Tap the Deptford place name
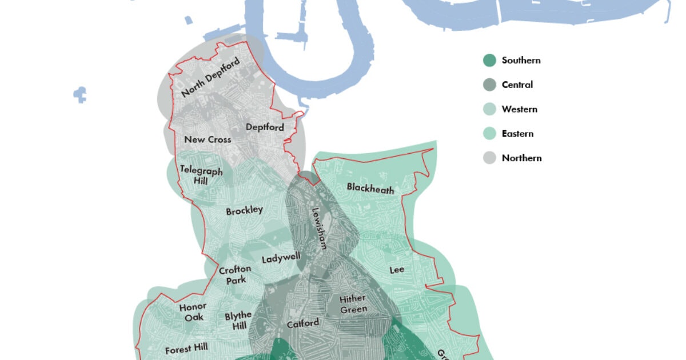tap(264, 127)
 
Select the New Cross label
tap(208, 139)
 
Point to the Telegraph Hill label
tap(194, 174)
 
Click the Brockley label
tap(244, 211)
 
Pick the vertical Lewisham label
tap(318, 228)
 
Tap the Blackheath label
tap(370, 188)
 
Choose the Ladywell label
tap(281, 258)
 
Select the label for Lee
tap(397, 270)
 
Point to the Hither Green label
tap(353, 304)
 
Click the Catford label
tap(302, 323)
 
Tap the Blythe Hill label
tap(238, 321)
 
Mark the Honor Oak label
tap(193, 311)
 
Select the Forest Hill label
tap(186, 350)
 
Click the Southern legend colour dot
tap(489, 60)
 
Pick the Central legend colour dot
tap(489, 85)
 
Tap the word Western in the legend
tap(519, 109)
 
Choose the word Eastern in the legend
tap(517, 134)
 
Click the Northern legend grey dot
tap(489, 158)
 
